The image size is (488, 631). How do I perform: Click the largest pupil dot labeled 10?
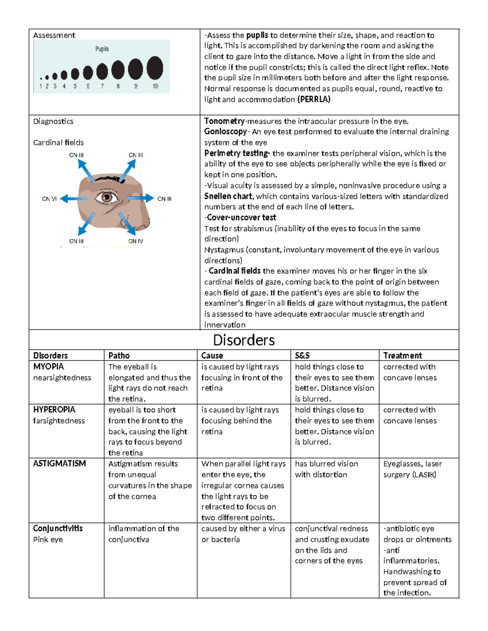coord(155,68)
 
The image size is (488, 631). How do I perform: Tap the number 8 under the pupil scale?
coord(118,86)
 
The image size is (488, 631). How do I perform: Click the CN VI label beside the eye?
coord(49,199)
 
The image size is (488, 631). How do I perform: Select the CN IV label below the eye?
coord(136,241)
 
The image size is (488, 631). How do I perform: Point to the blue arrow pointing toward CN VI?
coord(74,199)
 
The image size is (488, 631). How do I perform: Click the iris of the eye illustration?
coord(107,198)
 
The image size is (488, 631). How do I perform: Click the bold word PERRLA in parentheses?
coord(314,99)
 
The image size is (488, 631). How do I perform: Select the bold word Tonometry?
coord(224,121)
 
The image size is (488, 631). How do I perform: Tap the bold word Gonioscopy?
coord(225,131)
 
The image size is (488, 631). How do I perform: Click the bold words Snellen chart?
coord(228,196)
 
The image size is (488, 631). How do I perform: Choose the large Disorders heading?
coord(244,340)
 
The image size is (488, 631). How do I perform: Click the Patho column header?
coord(119,356)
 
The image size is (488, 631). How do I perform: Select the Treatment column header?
coord(403,356)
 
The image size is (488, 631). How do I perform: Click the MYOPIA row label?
coord(48,366)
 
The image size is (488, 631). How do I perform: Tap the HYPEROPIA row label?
coord(54,410)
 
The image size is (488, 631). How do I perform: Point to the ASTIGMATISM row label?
coord(59,464)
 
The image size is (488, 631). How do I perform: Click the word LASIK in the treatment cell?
coord(424,475)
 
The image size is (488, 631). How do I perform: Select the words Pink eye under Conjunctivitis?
coord(48,540)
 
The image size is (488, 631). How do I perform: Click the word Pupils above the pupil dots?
coord(102,49)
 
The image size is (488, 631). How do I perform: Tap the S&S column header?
coord(302,356)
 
